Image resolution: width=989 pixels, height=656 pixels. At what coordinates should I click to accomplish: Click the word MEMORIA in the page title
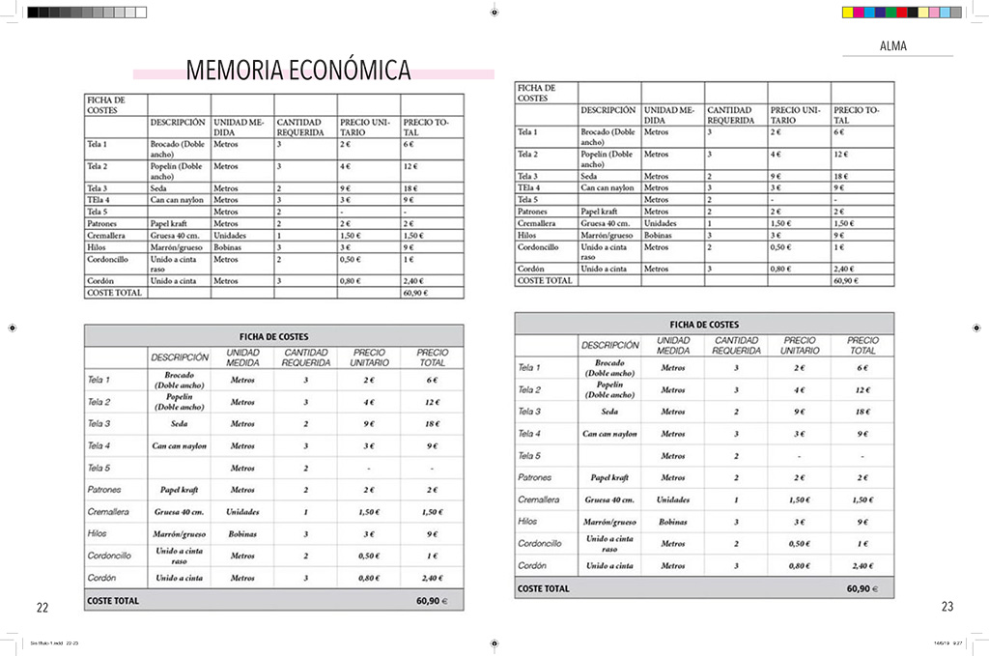230,71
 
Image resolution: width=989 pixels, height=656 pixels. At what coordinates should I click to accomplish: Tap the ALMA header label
892,45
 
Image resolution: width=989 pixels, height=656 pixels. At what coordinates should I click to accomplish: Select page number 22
42,608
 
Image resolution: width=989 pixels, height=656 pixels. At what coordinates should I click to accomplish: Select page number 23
947,607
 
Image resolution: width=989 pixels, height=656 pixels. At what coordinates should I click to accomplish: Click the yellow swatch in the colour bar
849,13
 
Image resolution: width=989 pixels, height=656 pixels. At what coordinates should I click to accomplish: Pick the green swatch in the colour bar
891,13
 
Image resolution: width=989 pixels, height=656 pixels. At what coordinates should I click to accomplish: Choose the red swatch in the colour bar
902,13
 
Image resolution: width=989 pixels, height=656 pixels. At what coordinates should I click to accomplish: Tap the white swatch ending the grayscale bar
141,13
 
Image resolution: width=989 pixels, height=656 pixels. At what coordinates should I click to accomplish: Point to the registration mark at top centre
494,13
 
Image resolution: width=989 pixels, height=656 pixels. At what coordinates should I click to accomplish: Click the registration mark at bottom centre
494,642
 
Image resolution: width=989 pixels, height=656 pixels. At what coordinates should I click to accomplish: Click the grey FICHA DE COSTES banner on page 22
273,335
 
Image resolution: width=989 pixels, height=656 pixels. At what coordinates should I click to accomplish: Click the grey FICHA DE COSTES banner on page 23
704,325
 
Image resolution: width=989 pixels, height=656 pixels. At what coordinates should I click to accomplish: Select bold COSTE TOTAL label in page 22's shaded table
113,600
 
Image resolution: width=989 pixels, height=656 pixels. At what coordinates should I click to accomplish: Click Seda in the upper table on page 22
158,188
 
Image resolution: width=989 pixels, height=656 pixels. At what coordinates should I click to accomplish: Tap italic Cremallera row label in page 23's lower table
538,499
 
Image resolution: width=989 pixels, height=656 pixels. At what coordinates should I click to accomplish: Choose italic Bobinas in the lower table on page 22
242,533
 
